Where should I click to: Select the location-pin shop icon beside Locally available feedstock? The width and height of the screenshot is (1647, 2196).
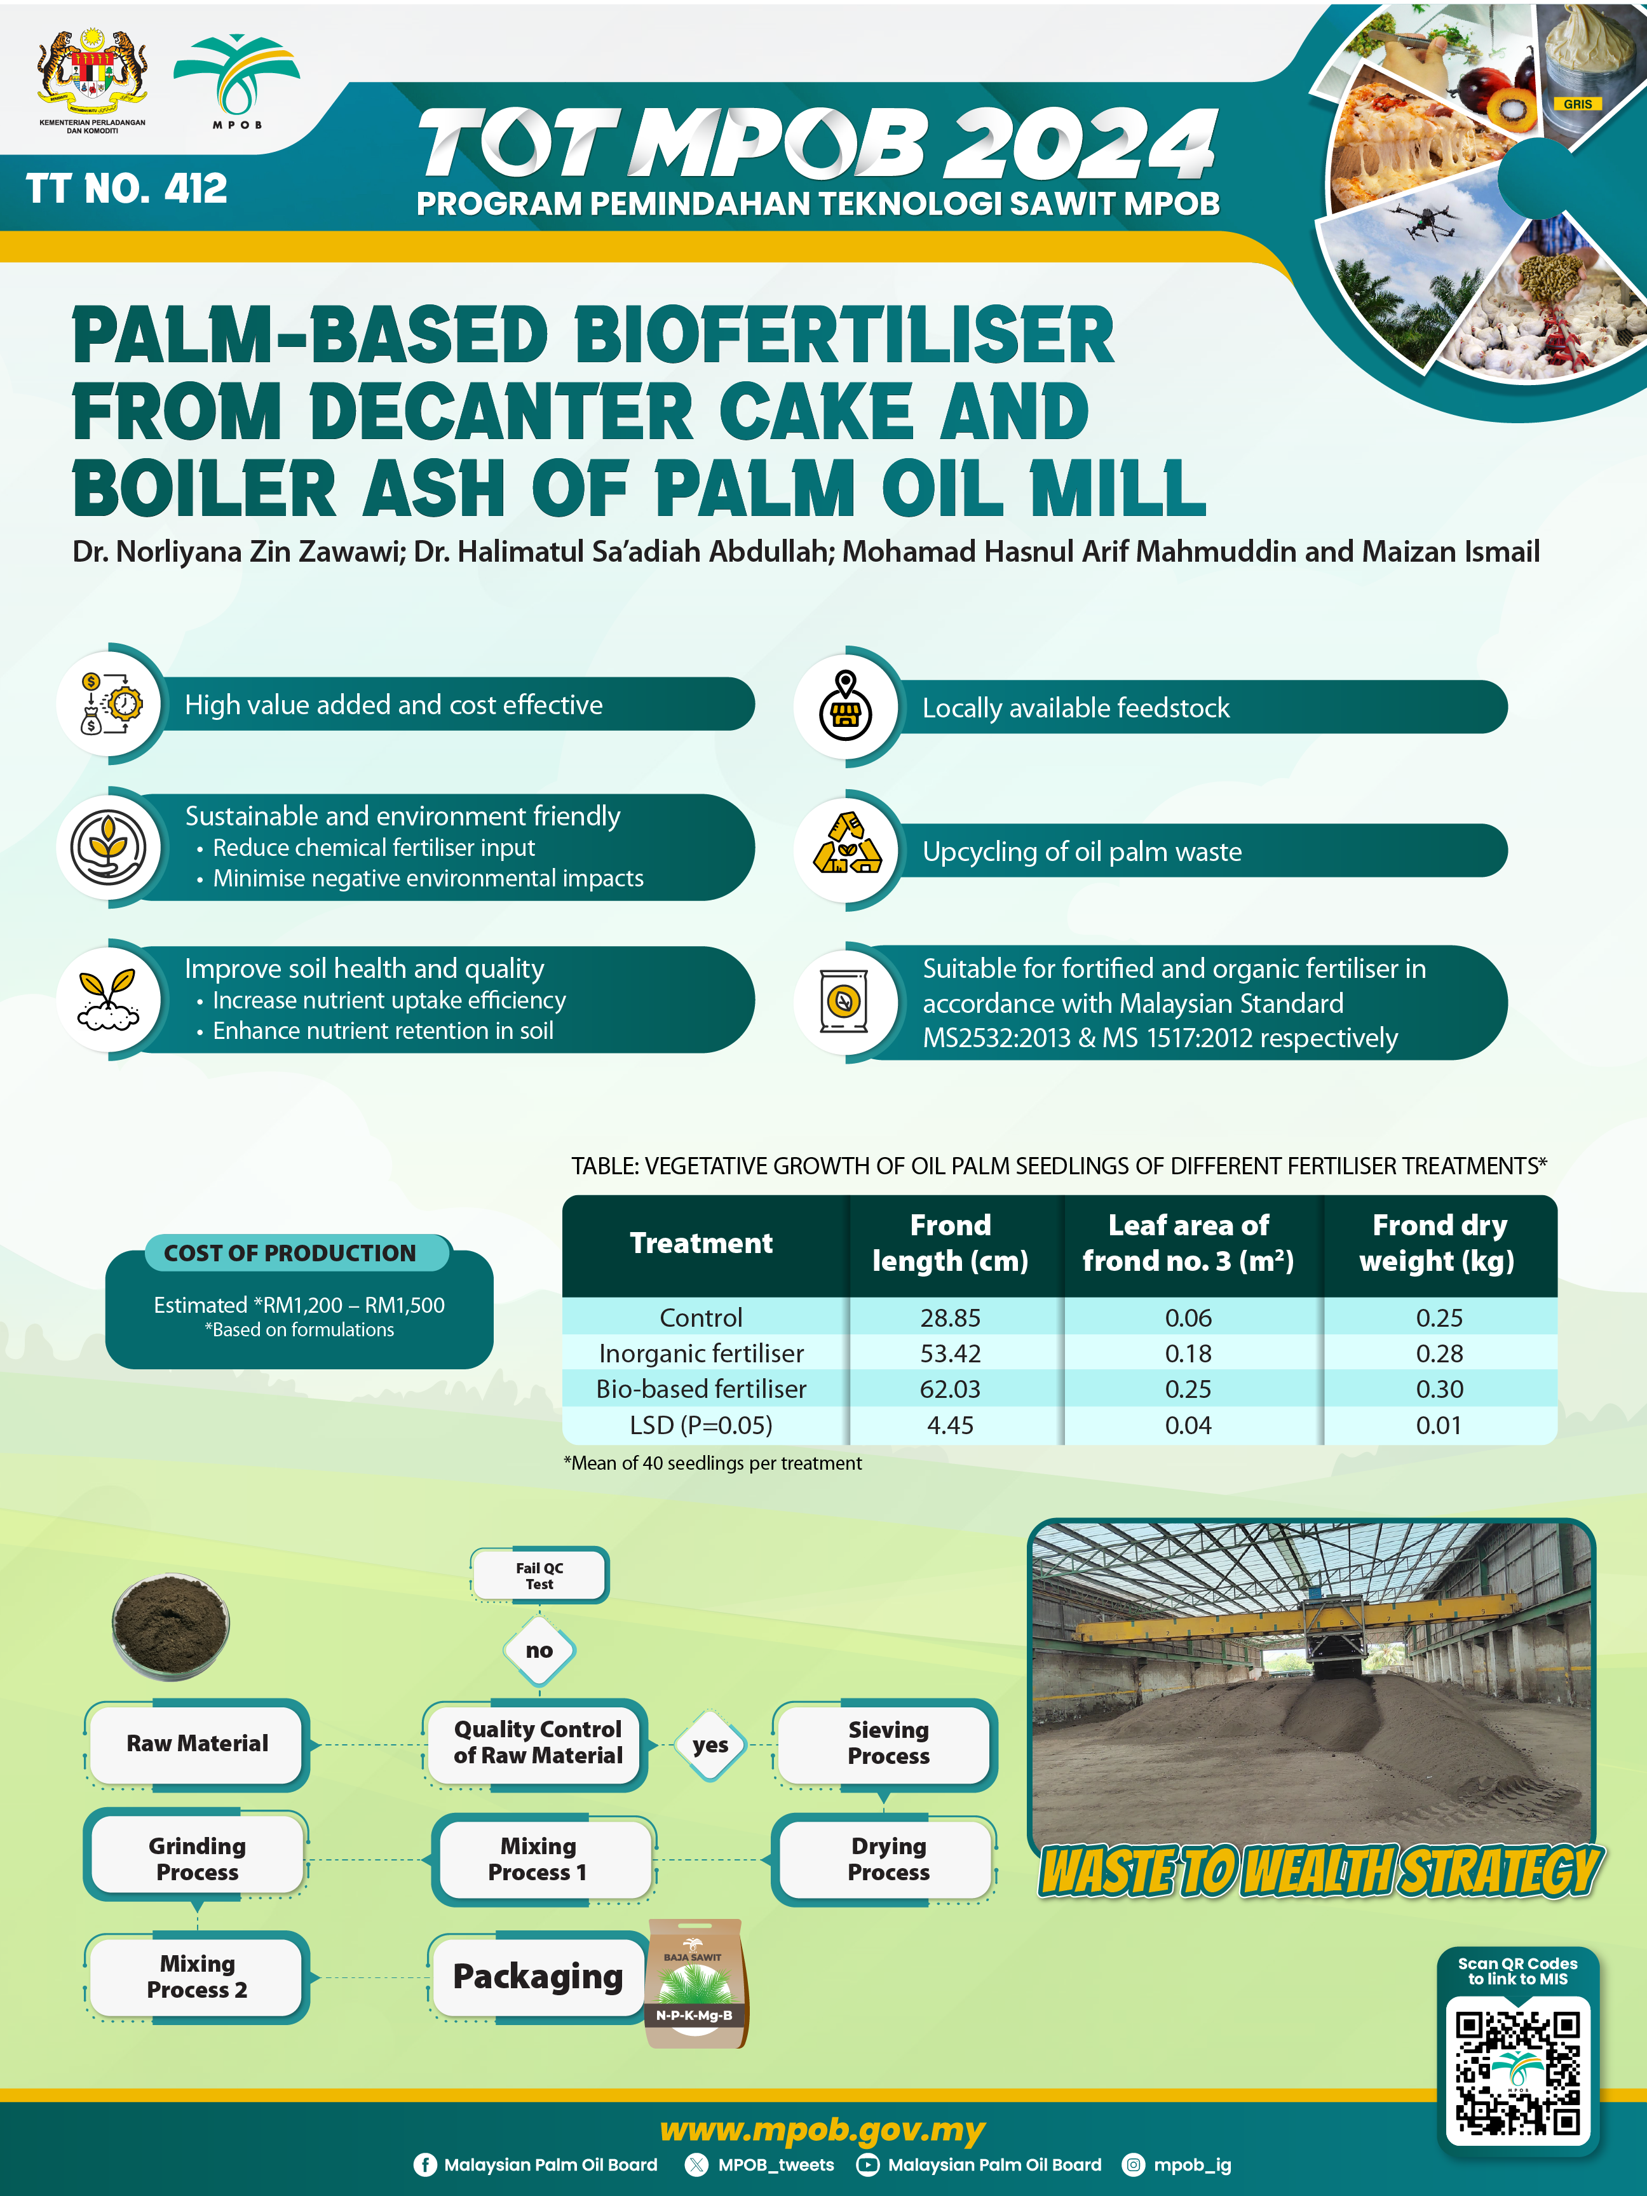coord(845,706)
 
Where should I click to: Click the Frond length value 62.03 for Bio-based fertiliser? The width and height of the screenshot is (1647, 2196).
coord(950,1389)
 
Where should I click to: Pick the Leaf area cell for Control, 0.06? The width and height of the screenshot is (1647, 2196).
coord(1188,1317)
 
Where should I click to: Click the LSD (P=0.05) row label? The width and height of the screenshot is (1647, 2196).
coord(701,1426)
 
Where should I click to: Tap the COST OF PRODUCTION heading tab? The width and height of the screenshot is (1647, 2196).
coord(290,1253)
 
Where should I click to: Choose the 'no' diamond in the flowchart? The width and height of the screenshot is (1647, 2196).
coord(539,1651)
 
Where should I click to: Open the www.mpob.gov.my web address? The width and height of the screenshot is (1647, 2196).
coord(822,2129)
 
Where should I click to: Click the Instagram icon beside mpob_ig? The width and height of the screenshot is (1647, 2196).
coord(1133,2165)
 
